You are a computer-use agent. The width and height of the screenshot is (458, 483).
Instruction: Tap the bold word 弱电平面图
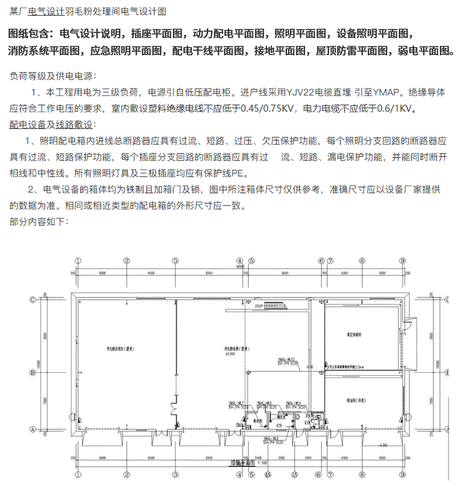[423, 51]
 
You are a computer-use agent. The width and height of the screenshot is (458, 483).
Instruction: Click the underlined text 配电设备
[28, 125]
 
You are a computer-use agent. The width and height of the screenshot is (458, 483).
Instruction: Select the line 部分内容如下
[39, 221]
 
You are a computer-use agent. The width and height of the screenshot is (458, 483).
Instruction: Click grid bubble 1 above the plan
[78, 261]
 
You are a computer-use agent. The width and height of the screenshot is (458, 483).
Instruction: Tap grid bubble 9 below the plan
[403, 474]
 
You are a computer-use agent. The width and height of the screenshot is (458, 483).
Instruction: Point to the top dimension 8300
[208, 273]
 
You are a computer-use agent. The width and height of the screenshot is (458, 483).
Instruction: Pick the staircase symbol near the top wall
[273, 304]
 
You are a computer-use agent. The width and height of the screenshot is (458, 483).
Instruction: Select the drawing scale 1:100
[262, 462]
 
